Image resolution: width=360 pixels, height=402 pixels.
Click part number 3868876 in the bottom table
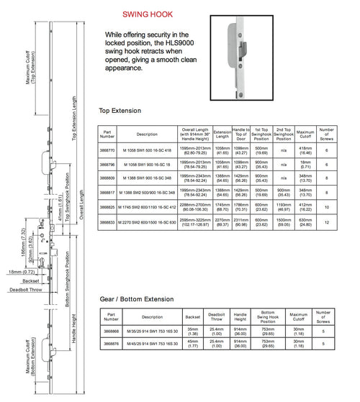coord(112,343)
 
